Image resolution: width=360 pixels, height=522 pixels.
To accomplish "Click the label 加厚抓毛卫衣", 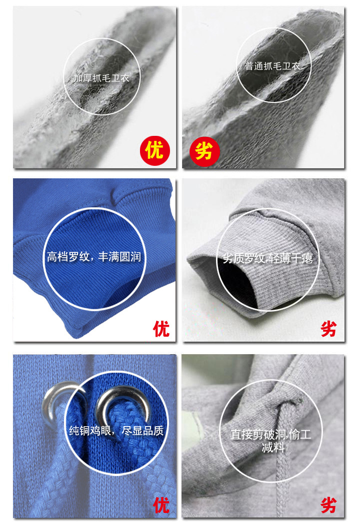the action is (101, 78).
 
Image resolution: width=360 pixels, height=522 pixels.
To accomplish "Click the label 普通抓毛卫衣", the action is (273, 66).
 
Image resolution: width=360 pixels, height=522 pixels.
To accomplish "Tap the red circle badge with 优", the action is (155, 150).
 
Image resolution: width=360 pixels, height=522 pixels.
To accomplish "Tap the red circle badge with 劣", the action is (204, 152).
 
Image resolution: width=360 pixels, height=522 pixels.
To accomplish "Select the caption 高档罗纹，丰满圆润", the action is (94, 257).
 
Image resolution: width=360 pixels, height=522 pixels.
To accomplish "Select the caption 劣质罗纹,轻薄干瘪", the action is (268, 258).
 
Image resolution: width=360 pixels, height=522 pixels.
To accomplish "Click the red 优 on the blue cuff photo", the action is (161, 329).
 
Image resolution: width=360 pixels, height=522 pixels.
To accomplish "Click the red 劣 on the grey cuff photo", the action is (328, 329).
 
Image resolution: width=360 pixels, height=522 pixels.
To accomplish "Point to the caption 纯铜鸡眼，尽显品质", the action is (116, 431).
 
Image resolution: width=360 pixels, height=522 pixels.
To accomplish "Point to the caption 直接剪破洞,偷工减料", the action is (271, 441).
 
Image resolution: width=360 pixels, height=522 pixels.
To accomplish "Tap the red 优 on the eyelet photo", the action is (161, 505).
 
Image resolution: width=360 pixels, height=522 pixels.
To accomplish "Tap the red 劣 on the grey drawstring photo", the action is (328, 506).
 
